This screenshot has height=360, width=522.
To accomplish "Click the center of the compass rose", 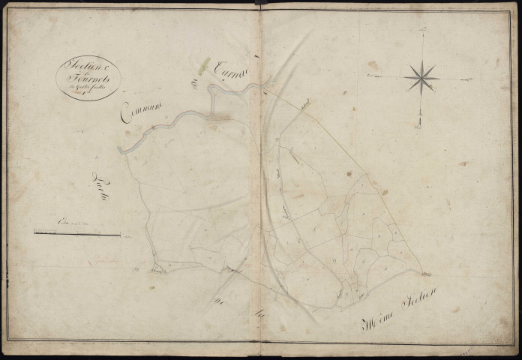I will click(x=421, y=76).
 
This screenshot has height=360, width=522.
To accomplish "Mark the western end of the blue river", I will click(x=121, y=150).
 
